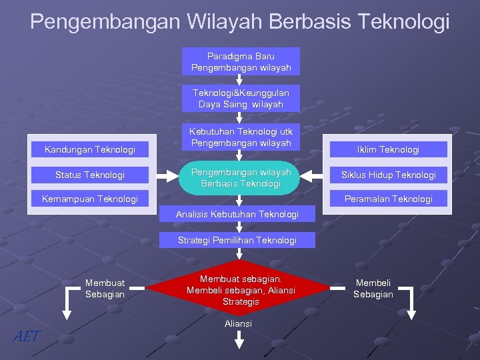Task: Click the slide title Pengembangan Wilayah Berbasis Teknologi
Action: point(240,21)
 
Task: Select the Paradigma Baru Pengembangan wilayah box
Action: point(241,61)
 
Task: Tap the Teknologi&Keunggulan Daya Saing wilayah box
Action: point(241,99)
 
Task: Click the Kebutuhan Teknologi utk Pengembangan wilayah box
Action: point(241,137)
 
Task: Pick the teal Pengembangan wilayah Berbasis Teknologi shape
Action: point(241,178)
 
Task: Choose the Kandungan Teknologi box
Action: point(90,149)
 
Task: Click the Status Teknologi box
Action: point(90,175)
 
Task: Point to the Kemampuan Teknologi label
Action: point(90,199)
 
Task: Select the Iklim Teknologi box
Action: point(389,149)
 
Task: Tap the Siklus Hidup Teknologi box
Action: point(389,175)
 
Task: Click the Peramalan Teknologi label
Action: point(389,199)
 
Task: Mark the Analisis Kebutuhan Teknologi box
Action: point(237,214)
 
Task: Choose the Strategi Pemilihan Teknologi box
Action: point(237,240)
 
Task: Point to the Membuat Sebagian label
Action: point(105,289)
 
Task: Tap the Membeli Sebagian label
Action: point(373,289)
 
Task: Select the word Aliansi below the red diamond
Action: point(239,323)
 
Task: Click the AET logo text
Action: point(27,337)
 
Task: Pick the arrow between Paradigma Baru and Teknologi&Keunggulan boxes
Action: point(239,80)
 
